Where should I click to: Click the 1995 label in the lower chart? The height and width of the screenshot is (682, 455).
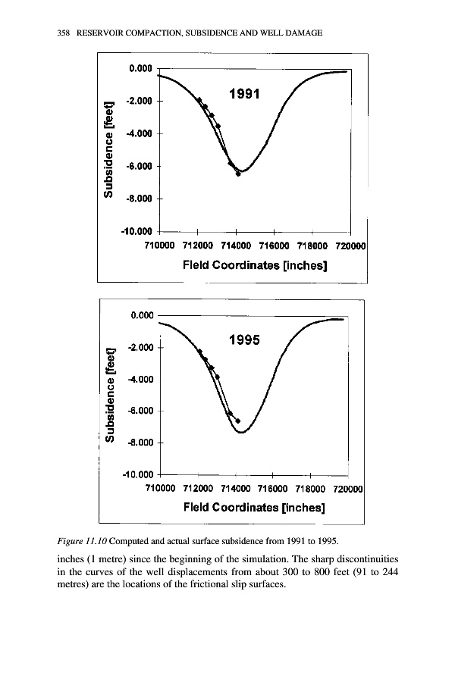point(243,340)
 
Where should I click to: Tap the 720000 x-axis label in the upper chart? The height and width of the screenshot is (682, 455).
point(351,246)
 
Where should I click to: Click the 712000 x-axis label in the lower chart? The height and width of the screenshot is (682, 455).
point(198,489)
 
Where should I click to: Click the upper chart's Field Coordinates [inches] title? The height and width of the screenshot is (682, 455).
point(254,265)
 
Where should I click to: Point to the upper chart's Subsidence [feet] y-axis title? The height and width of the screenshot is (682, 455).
point(111,149)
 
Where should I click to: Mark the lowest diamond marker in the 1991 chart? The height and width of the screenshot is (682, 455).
point(238,174)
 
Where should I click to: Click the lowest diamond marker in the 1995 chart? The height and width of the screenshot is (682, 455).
point(238,421)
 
